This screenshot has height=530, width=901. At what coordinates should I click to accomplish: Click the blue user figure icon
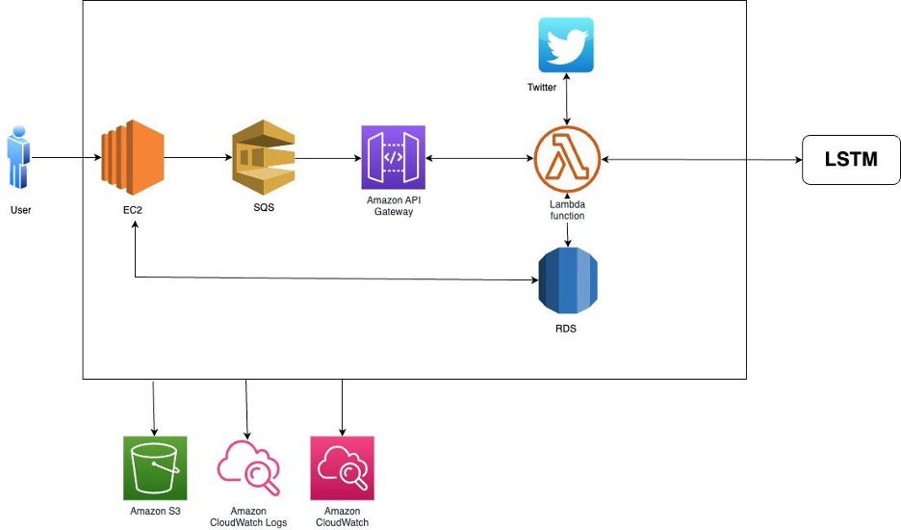(19, 157)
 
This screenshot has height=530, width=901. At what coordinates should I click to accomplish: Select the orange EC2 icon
(133, 158)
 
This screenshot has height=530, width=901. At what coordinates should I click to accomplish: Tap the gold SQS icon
(263, 157)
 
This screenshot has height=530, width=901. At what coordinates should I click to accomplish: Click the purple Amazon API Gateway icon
(393, 157)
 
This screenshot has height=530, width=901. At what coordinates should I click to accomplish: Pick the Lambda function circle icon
(567, 159)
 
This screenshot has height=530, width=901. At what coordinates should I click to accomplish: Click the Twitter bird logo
(566, 45)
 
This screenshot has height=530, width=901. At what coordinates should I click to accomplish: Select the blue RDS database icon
(568, 280)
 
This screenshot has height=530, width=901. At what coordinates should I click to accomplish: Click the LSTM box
(851, 160)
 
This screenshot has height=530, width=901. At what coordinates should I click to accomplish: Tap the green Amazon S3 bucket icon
(155, 468)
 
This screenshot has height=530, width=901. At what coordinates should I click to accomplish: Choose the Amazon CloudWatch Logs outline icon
(248, 468)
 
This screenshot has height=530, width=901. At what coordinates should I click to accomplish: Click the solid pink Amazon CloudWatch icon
(342, 468)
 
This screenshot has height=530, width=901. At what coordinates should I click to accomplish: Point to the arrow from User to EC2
(66, 158)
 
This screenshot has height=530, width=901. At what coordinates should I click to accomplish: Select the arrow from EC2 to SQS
(198, 157)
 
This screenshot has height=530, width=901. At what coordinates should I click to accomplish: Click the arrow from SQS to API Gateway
(328, 158)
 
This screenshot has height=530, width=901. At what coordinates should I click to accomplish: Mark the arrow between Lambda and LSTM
(702, 159)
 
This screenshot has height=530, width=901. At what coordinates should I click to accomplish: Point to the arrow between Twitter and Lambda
(567, 99)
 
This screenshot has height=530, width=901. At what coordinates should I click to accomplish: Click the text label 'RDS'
(565, 329)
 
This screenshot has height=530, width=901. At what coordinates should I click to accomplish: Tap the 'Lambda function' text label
(567, 210)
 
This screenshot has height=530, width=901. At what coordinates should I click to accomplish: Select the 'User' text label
(20, 210)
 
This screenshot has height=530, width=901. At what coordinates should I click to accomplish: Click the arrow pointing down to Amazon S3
(153, 408)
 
